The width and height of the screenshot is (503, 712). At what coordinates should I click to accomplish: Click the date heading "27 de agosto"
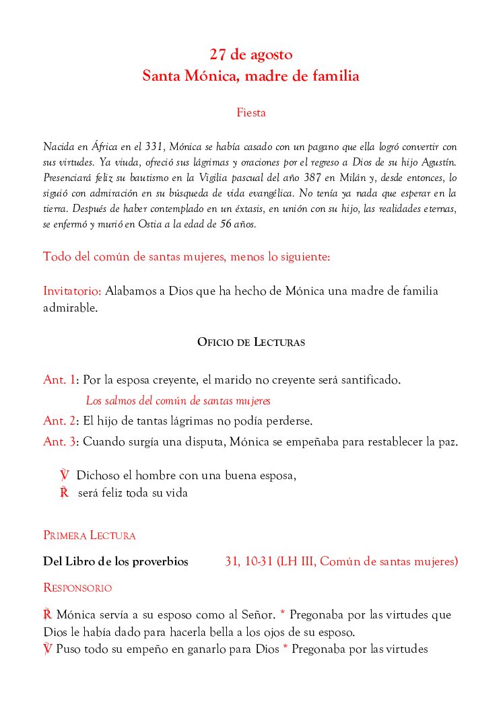point(250,55)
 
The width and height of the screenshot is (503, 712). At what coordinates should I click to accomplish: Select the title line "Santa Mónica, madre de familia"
point(250,76)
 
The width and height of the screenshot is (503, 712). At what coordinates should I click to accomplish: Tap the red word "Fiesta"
point(251,113)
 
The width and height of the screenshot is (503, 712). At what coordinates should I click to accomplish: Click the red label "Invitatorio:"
point(73,291)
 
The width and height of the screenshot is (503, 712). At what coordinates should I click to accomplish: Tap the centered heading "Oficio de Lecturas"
point(251,343)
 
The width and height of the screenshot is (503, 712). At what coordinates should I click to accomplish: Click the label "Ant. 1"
point(59,380)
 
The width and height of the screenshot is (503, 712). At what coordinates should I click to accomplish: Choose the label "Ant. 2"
point(59,421)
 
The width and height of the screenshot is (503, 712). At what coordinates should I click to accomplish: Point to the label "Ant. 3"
point(59,442)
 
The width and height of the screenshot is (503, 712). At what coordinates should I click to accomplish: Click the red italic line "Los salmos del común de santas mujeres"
point(178,401)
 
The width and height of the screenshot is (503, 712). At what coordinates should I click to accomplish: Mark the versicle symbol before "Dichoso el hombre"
point(65,476)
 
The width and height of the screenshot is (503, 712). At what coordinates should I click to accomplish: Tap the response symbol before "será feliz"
point(65,493)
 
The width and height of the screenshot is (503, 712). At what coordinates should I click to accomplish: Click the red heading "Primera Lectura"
point(90,536)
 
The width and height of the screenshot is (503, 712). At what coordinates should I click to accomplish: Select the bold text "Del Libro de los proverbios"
point(115,561)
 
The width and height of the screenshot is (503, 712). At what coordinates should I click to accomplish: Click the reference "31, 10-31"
point(248,561)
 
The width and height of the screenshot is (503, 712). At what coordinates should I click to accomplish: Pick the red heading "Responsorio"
point(77,588)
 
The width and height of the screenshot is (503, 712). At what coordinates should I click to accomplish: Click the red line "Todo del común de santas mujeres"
point(187,257)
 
